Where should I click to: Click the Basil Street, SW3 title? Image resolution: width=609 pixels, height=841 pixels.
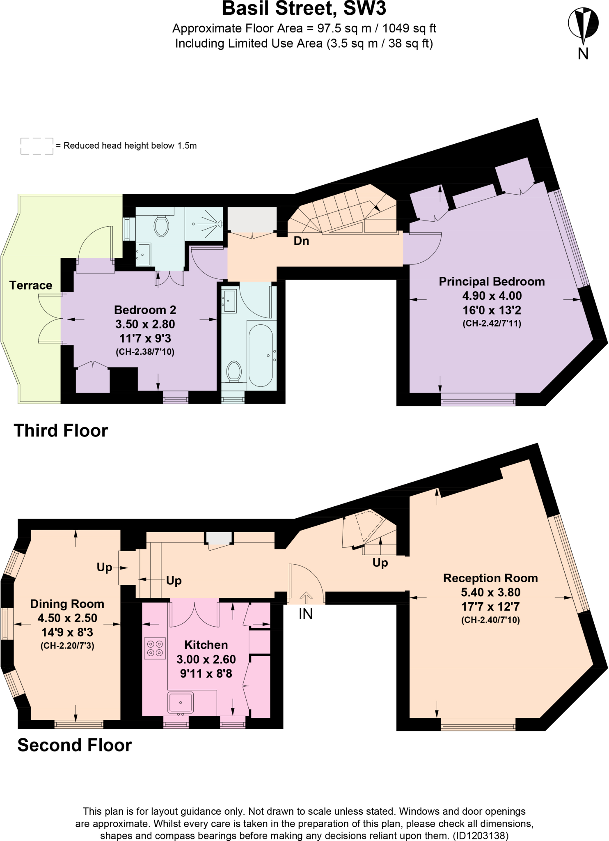(304, 9)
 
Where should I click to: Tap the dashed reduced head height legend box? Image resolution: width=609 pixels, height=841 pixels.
(37, 146)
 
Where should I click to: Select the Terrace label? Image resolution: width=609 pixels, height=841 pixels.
(31, 285)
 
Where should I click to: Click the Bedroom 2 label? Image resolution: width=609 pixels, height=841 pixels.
(145, 310)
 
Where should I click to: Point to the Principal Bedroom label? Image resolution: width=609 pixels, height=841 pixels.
(492, 282)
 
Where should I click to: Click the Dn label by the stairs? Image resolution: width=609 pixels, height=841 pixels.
(301, 241)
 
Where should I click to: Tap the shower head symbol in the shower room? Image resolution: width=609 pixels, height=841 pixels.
(220, 224)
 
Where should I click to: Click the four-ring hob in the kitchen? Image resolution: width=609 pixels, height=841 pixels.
(155, 648)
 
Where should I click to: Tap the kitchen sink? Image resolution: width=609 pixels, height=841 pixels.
(180, 702)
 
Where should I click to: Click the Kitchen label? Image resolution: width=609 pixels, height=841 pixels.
(206, 645)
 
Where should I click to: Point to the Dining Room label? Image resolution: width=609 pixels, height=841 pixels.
(67, 604)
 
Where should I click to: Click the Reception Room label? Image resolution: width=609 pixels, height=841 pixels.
(490, 578)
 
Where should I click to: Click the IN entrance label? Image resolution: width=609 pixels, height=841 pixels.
(306, 614)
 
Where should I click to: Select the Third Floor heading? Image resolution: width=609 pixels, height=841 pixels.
(61, 430)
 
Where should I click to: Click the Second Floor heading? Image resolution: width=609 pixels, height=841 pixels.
(75, 745)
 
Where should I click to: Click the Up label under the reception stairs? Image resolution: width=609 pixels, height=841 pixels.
(380, 562)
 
